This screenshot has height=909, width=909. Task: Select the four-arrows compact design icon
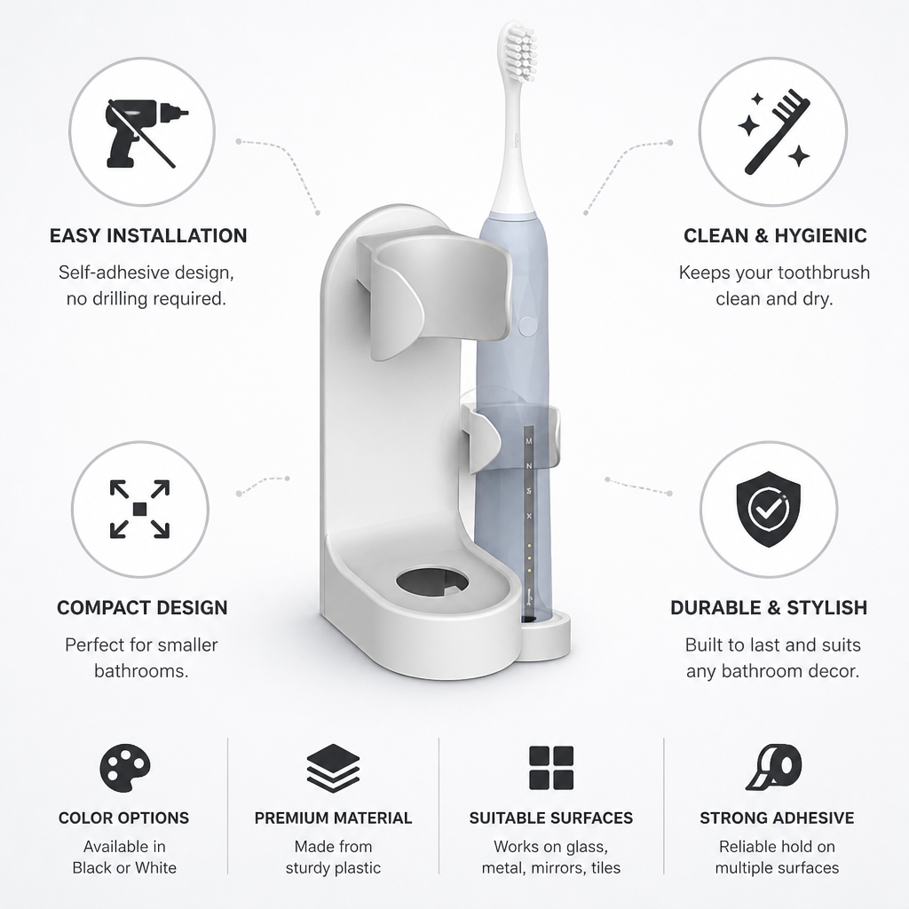point(139,509)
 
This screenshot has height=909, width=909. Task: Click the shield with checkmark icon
point(768,509)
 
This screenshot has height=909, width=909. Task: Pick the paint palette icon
point(124,768)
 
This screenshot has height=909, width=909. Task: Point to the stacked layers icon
point(334,768)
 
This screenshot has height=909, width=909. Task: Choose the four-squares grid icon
point(551,768)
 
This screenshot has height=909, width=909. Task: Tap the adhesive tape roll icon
point(774,767)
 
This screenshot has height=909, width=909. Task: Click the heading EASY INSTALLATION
point(148,235)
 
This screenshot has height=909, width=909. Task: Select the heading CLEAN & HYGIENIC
point(775,235)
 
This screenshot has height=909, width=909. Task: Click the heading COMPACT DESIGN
point(142,607)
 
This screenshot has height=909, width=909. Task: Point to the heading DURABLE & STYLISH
point(769,607)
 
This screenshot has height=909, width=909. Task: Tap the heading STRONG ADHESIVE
point(777,818)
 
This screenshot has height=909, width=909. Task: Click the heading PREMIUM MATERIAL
point(334,818)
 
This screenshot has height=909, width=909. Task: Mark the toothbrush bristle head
point(518,52)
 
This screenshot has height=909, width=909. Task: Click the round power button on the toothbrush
point(527,325)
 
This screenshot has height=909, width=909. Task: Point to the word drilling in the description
point(118,299)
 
